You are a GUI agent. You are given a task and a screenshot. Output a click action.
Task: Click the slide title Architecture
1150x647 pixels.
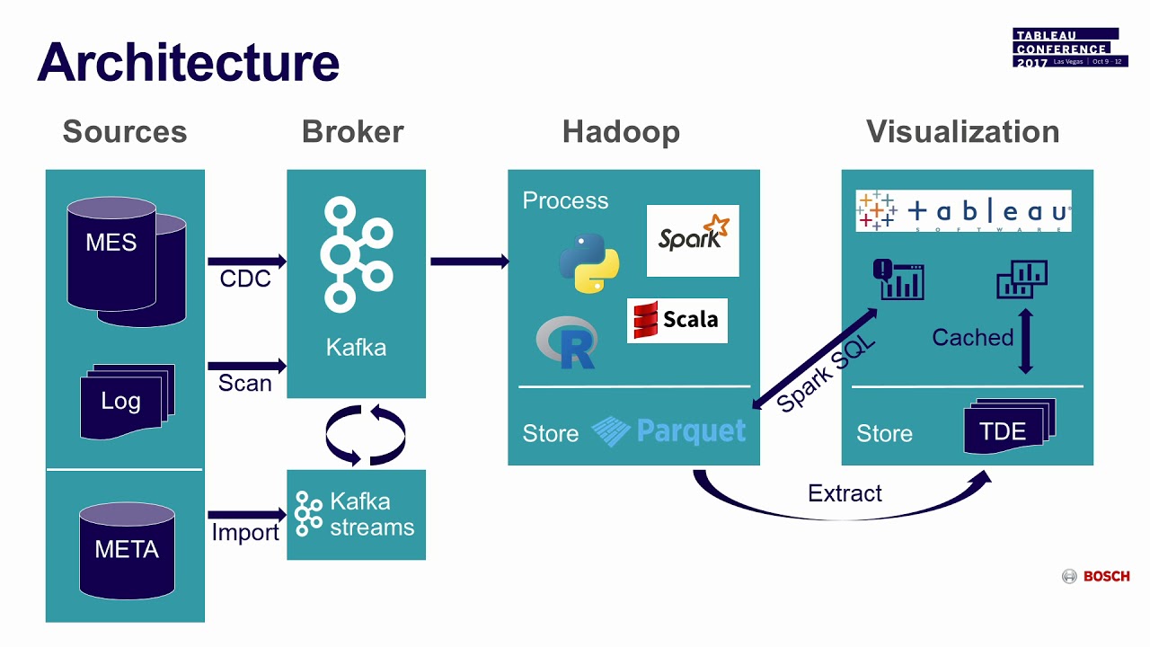tap(188, 62)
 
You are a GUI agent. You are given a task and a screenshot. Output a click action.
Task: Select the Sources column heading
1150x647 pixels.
tap(125, 132)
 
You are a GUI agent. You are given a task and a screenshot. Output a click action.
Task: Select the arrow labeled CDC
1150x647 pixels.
tap(246, 261)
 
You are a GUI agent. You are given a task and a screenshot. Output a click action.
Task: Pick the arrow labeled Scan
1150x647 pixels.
tap(246, 366)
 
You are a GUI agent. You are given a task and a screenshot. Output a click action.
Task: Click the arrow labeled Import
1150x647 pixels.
tap(246, 515)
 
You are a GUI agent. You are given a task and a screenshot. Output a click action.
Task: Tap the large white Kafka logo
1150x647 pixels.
tap(356, 255)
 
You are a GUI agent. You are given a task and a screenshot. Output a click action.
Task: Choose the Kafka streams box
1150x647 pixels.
tap(356, 515)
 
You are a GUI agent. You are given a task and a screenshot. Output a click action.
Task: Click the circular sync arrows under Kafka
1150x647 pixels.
tap(365, 435)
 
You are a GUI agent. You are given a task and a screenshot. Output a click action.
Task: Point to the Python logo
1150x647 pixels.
tap(588, 263)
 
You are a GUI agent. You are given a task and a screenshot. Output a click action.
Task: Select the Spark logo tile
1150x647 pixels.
tap(693, 240)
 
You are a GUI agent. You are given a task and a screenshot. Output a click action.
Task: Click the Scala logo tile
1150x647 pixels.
tap(677, 321)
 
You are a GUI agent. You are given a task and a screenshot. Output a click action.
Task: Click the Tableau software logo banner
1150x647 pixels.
tap(963, 211)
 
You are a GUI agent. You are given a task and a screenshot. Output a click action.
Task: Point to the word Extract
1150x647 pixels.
tap(845, 493)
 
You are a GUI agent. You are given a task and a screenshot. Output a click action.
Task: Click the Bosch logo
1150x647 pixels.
tap(1096, 577)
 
